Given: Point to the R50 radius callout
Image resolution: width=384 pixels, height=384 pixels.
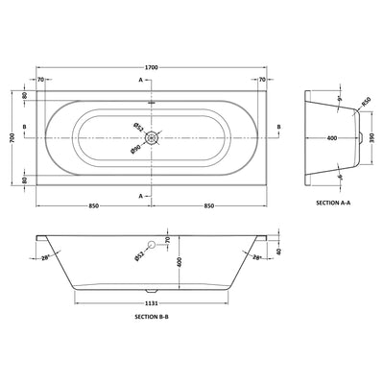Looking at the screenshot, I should [365, 102].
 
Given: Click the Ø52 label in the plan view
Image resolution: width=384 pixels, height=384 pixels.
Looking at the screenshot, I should [138, 127].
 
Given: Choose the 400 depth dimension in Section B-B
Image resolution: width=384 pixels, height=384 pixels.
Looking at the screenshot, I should [174, 260].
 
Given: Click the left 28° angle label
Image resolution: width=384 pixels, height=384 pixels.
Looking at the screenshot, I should [45, 257].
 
